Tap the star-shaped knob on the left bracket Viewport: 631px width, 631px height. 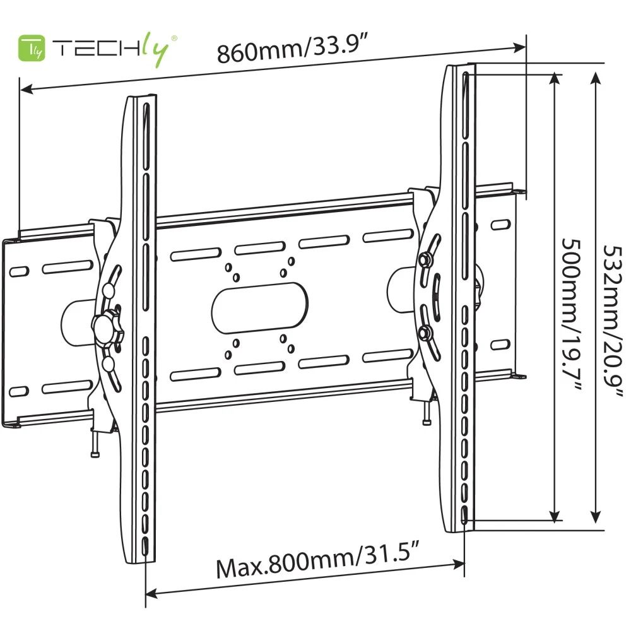[x=108, y=326]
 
